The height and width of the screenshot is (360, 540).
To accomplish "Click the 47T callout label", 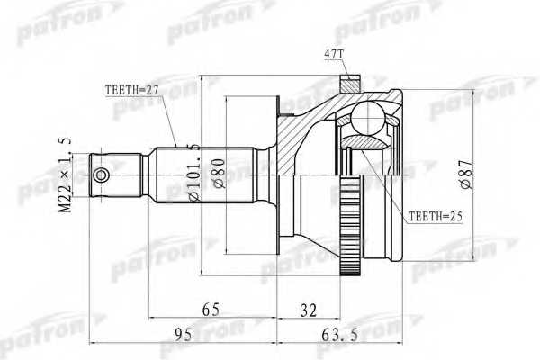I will point(334,55).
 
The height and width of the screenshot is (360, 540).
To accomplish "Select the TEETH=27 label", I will point(126,89).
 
